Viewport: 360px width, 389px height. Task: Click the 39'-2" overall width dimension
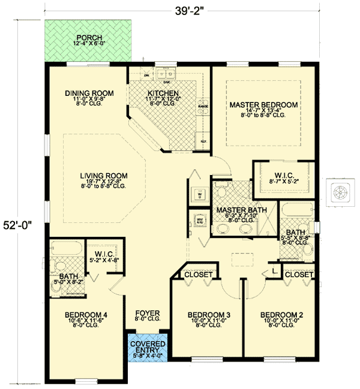pyautogui.click(x=185, y=11)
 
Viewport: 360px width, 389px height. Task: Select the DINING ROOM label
pyautogui.click(x=89, y=93)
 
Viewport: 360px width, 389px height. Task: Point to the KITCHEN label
pyautogui.click(x=163, y=94)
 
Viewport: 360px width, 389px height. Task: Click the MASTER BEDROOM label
pyautogui.click(x=263, y=105)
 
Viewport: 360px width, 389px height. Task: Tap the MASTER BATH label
pyautogui.click(x=237, y=211)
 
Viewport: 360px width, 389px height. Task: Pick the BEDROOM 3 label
pyautogui.click(x=205, y=315)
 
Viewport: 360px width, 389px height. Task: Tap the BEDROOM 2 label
pyautogui.click(x=278, y=315)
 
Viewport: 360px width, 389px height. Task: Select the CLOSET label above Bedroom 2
pyautogui.click(x=298, y=275)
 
